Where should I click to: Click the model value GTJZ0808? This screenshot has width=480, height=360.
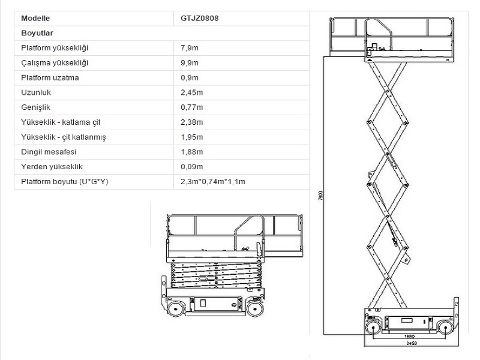coord(199,18)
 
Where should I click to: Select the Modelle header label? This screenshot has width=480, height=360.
coord(35,18)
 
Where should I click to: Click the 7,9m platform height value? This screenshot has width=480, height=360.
coord(190,48)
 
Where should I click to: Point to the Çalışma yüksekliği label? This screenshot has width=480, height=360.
coord(55,63)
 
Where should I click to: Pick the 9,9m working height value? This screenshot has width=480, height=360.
coord(190,63)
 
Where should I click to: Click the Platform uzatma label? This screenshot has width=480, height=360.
coord(50,78)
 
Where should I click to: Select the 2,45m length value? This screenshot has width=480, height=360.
coord(192,92)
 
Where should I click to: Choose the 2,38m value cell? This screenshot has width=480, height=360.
coord(192,122)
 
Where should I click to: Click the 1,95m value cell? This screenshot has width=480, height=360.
coord(192,137)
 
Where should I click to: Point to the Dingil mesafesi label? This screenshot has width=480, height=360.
coord(49,152)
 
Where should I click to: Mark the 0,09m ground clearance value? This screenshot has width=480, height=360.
coord(192,167)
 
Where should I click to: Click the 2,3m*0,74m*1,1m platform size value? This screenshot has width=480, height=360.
coord(213,182)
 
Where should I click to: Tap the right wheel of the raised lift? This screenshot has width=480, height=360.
coord(444,327)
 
